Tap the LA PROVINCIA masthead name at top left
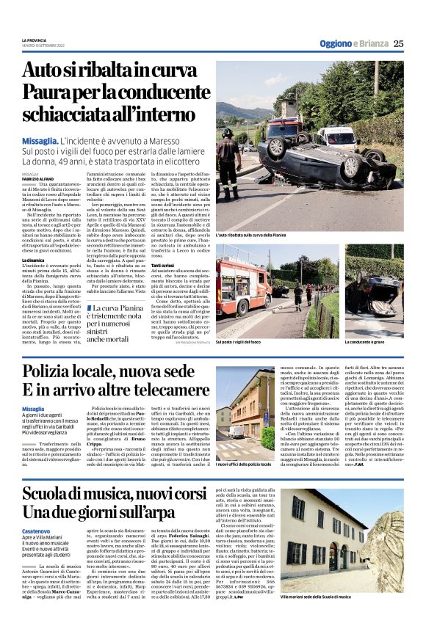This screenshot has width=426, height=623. [x=34, y=40]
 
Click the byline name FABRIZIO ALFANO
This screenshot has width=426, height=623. [x=37, y=179]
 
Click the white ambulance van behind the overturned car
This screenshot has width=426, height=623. [x=335, y=139]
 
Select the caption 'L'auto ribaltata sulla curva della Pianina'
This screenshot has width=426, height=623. [x=260, y=235]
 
